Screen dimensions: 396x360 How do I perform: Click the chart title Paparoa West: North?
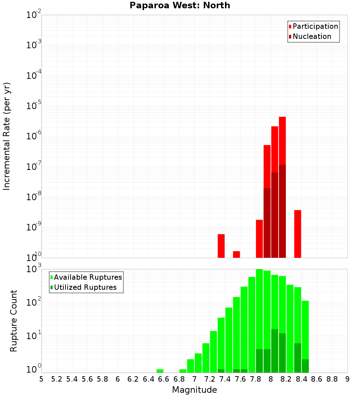(x=180, y=5)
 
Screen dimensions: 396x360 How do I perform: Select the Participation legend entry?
(x=315, y=26)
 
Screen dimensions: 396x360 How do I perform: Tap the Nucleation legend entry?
(x=311, y=36)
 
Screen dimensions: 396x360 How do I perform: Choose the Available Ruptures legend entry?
(x=87, y=277)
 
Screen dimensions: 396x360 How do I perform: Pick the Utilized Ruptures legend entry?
(x=85, y=287)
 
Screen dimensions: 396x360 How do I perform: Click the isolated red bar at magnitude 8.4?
(x=297, y=234)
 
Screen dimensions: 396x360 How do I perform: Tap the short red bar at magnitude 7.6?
(x=237, y=254)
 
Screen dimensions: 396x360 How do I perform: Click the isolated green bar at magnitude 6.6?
(x=160, y=371)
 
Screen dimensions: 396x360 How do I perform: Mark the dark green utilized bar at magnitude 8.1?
(x=275, y=351)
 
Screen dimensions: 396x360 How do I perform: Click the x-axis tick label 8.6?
(x=317, y=379)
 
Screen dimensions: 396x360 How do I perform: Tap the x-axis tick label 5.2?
(x=57, y=379)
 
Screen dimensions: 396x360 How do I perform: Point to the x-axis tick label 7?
(x=194, y=379)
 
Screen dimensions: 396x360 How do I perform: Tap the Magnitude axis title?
(x=194, y=390)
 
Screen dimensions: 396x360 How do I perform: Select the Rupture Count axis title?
(x=14, y=320)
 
